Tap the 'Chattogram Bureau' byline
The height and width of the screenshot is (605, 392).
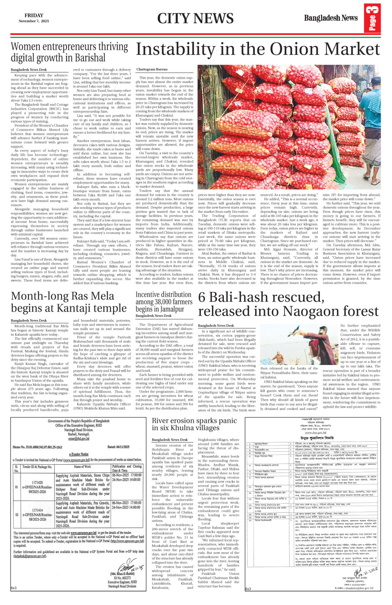pos(152,70)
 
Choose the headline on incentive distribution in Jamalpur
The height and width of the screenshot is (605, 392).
pos(164,302)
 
